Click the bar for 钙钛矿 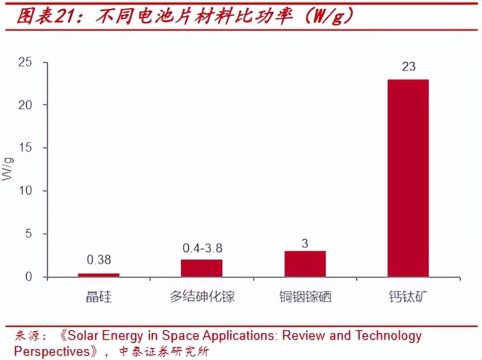[x=408, y=178]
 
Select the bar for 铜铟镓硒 [x=305, y=264]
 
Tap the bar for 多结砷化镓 [x=201, y=268]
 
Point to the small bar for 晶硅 [x=98, y=275]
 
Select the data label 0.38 [x=98, y=260]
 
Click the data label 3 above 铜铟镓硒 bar [x=305, y=244]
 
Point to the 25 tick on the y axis [x=25, y=62]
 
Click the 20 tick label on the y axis [x=25, y=105]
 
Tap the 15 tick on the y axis [x=25, y=148]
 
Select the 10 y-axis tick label [x=25, y=191]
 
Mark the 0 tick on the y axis [x=28, y=277]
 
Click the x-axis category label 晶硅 [x=98, y=297]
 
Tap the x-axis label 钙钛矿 [x=408, y=297]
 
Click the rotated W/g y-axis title [x=8, y=169]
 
